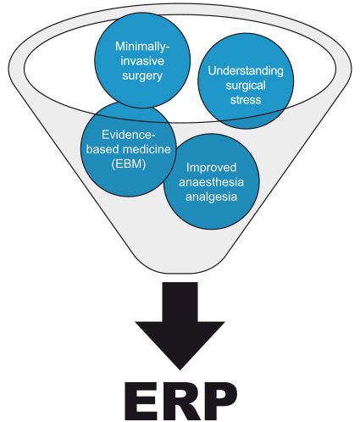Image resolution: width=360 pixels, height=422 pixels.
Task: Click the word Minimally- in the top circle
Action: tap(142, 47)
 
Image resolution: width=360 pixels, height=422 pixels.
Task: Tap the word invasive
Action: tap(142, 61)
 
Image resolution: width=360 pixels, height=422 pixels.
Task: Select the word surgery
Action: tap(142, 76)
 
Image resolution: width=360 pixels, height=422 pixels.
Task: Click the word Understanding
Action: tap(246, 70)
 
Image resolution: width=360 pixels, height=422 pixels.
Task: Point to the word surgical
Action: tap(246, 86)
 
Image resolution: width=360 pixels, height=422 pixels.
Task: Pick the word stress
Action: tap(246, 100)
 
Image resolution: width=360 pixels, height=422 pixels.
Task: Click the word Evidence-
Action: tap(129, 135)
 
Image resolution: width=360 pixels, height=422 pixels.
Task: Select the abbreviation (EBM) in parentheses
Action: tap(129, 164)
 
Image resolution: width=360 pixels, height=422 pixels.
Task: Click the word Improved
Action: tap(211, 168)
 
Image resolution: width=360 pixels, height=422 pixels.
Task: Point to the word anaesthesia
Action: tap(211, 182)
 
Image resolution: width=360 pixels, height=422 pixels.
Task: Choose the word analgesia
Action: tap(211, 197)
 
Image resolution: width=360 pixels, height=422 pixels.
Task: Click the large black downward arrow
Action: tap(180, 325)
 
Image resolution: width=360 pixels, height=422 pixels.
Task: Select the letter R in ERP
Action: tap(180, 401)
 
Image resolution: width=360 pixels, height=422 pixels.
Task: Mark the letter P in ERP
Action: tap(220, 401)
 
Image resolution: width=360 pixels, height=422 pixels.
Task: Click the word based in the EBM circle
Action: tap(102, 149)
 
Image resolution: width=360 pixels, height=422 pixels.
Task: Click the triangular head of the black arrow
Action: tap(180, 343)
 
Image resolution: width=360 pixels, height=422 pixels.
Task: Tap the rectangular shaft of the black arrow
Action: tap(180, 302)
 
